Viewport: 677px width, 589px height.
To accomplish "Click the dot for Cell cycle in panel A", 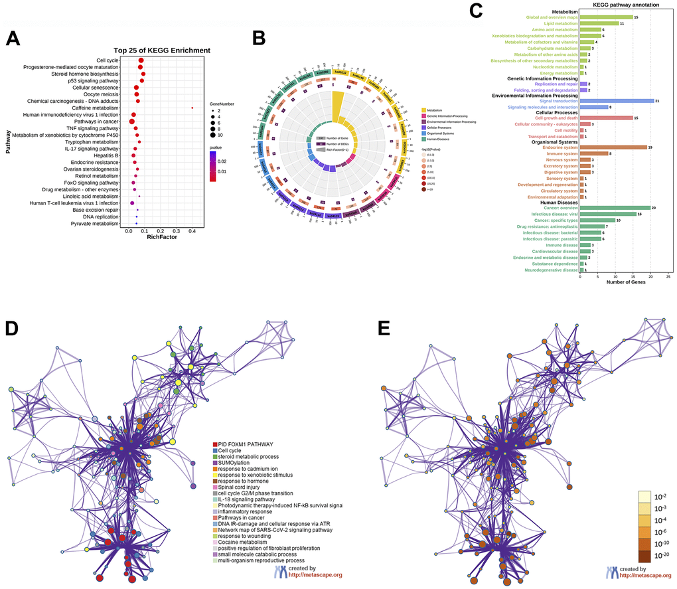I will pyautogui.click(x=141, y=60).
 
